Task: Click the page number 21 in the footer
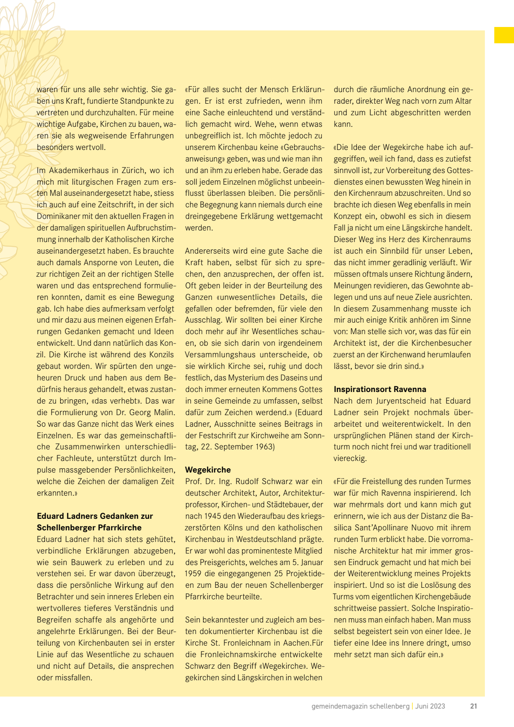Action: [x=473, y=706]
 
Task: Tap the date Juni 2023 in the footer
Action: [x=430, y=706]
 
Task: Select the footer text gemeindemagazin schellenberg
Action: [x=360, y=706]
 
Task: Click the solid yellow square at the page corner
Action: [x=504, y=35]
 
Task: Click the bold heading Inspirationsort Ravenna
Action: [x=380, y=389]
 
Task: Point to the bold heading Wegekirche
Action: [x=208, y=470]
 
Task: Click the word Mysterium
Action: [x=252, y=378]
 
